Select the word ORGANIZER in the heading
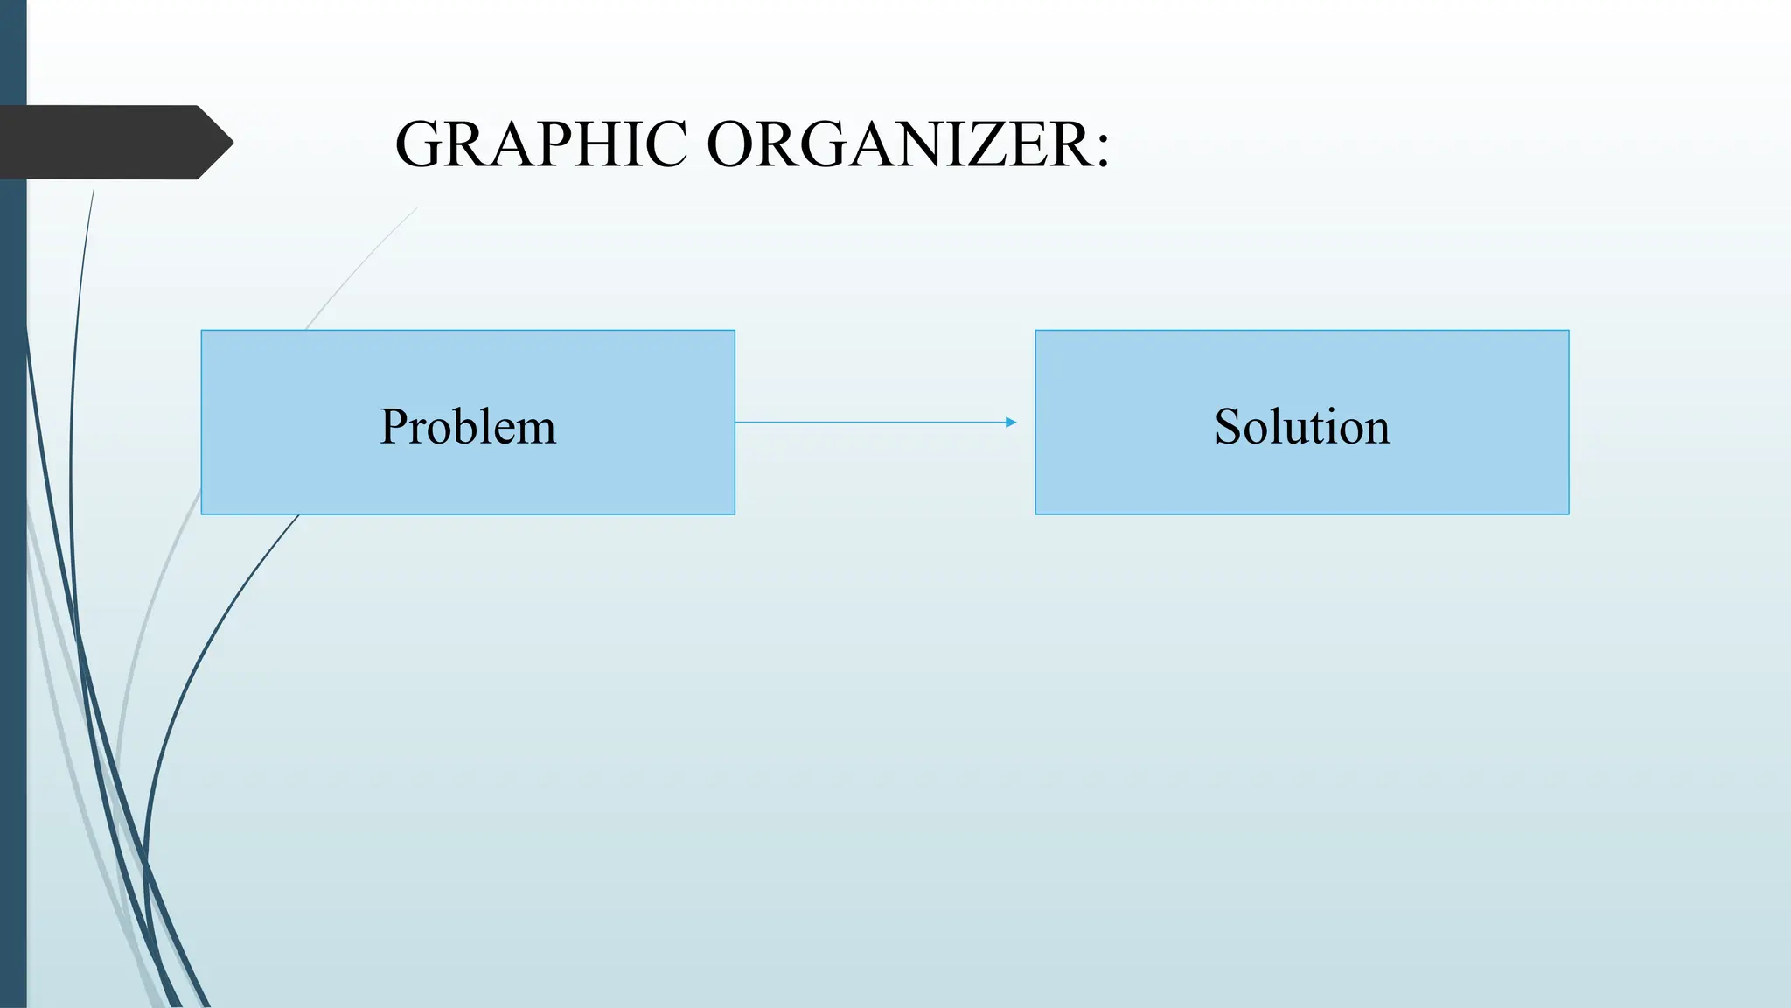point(897,144)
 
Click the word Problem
point(468,427)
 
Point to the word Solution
point(1302,427)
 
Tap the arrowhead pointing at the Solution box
point(1011,423)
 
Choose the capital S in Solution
point(1228,427)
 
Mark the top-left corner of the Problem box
point(202,331)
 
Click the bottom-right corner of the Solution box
point(1568,514)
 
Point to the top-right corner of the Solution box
point(1568,331)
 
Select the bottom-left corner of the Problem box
point(202,514)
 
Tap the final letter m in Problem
point(536,430)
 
